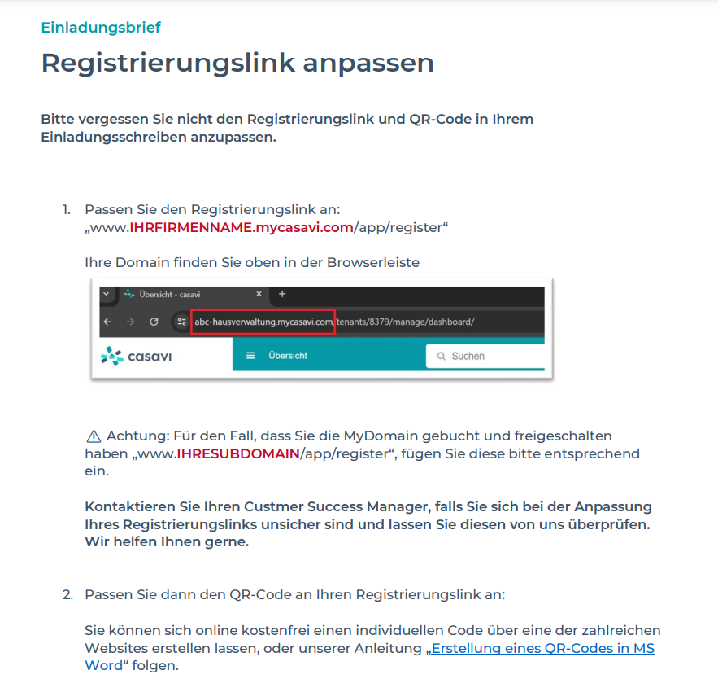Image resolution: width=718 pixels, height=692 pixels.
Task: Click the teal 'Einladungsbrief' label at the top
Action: (101, 28)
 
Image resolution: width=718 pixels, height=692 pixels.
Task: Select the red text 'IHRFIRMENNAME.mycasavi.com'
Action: (241, 227)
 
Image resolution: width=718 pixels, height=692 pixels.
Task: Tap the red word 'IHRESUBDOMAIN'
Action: (237, 453)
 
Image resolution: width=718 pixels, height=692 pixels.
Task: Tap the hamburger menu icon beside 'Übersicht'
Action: (250, 356)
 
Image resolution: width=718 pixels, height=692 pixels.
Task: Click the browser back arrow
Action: (108, 322)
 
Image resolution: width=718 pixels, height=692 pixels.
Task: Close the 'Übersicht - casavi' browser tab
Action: (259, 294)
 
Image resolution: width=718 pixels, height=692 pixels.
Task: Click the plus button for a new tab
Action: (282, 294)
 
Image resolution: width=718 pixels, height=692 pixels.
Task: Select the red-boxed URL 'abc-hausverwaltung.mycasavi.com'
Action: (263, 322)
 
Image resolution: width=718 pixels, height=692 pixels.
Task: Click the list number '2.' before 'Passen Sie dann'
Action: (67, 594)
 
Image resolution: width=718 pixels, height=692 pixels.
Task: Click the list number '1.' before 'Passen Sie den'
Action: (67, 209)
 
